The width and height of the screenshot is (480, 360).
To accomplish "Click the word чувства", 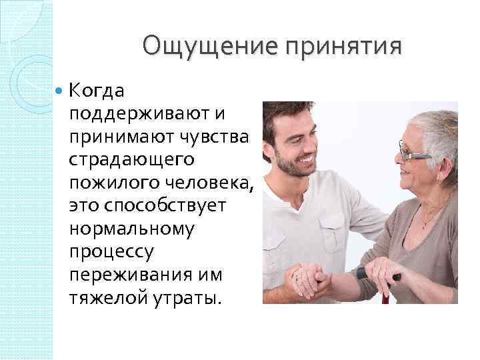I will point(211,136).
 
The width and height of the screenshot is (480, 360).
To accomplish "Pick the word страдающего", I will point(131,159).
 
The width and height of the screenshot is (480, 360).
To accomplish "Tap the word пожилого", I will point(108,182).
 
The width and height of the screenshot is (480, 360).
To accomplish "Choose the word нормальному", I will point(131,229).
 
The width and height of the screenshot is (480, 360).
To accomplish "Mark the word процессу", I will point(111,252).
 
